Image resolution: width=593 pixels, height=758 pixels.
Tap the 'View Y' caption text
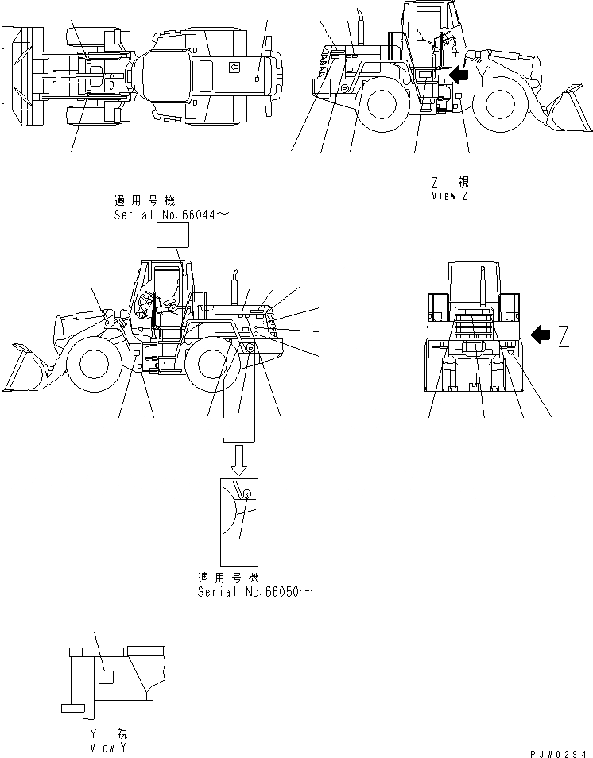tap(108, 748)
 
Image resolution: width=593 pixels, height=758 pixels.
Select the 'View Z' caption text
tap(451, 195)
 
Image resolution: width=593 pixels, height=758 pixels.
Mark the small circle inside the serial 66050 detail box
tap(247, 494)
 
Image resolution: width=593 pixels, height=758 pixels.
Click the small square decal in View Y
tap(105, 677)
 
